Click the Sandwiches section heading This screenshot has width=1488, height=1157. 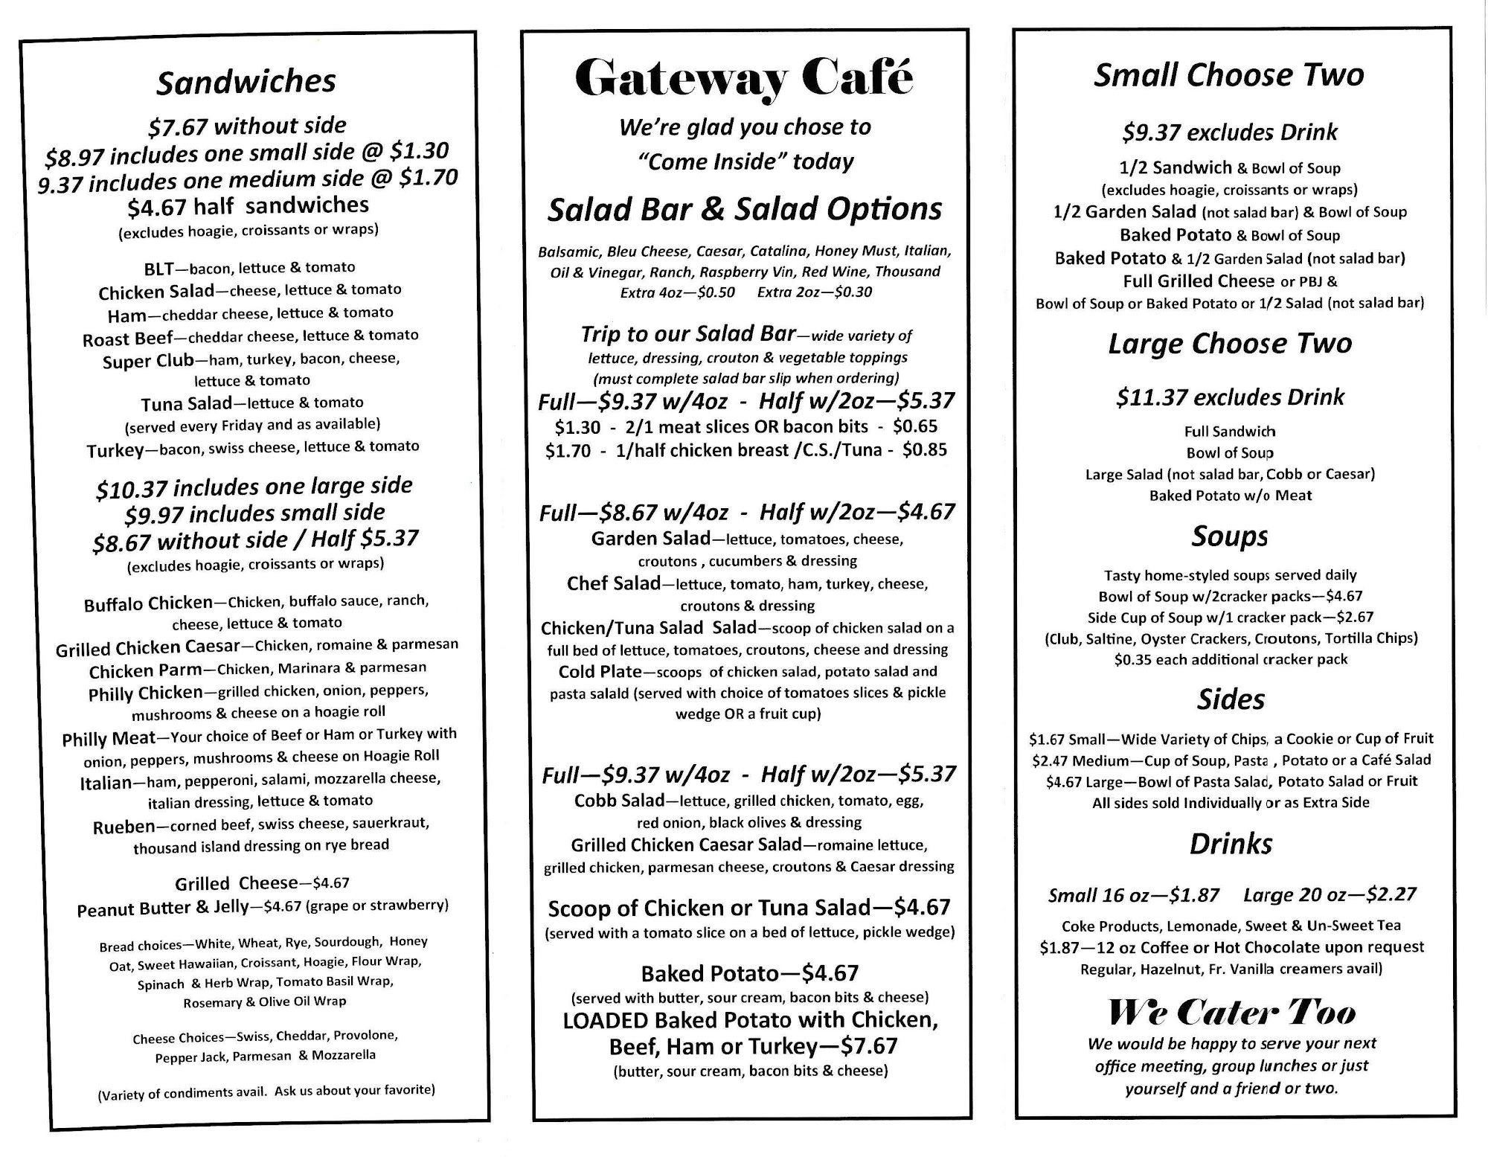tap(246, 81)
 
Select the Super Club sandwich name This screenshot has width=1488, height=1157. tap(148, 362)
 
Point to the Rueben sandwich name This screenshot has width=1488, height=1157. tap(124, 827)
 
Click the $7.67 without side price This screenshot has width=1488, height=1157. tap(247, 126)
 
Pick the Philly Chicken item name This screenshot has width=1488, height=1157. tap(145, 693)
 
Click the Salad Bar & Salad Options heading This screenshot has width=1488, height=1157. tap(744, 209)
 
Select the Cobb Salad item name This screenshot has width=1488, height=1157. tap(618, 801)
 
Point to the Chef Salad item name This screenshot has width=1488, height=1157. tap(613, 584)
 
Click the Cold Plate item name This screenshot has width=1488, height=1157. tap(600, 671)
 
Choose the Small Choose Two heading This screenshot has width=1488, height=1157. tap(1228, 75)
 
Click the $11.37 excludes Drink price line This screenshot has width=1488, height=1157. tap(1229, 397)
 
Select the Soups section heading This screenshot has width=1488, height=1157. tap(1229, 536)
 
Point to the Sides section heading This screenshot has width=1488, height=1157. tap(1231, 699)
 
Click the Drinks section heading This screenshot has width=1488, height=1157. tap(1231, 844)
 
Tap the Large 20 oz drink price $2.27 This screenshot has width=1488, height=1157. tap(1330, 894)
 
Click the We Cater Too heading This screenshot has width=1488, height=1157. tap(1231, 1013)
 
